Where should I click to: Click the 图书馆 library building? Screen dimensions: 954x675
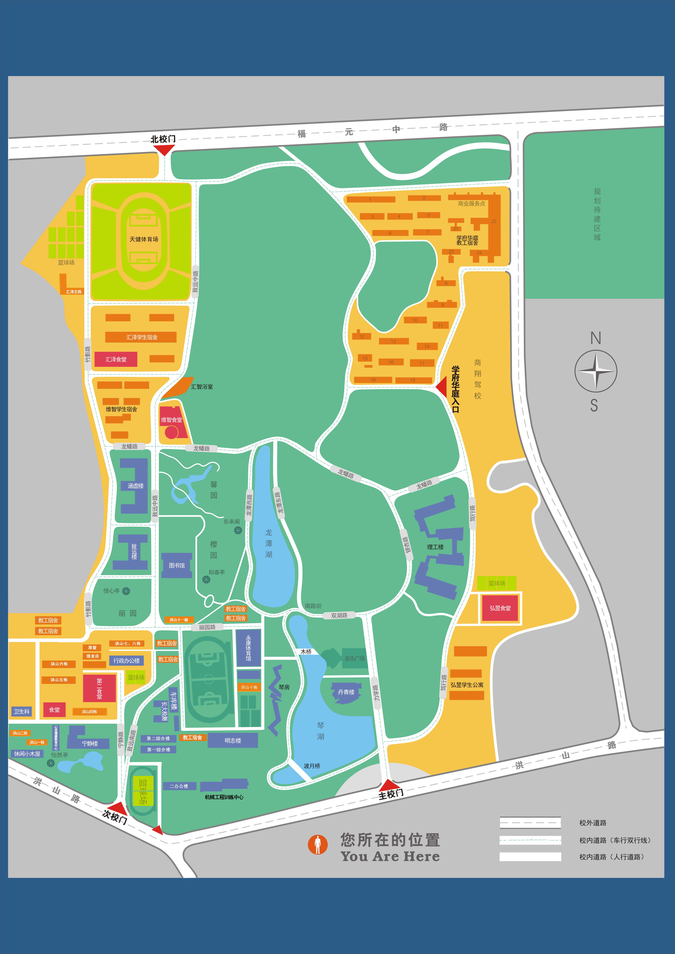click(177, 565)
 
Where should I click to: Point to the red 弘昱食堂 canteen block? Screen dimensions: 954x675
click(500, 608)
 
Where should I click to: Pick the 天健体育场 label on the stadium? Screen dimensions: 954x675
click(144, 239)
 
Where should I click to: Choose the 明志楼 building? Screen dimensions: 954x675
click(233, 740)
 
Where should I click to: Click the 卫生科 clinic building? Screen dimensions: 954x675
click(22, 711)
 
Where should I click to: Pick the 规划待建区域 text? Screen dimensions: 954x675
click(597, 214)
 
